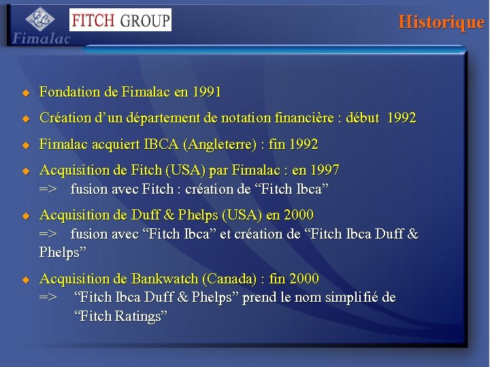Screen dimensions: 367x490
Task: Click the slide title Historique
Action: tap(441, 22)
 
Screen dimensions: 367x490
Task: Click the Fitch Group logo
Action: tap(120, 20)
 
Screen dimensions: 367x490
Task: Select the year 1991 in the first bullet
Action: tap(206, 91)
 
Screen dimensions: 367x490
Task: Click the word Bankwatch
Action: tap(163, 279)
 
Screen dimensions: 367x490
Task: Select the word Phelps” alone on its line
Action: tap(63, 252)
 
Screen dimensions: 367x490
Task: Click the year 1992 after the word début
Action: tap(402, 118)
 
